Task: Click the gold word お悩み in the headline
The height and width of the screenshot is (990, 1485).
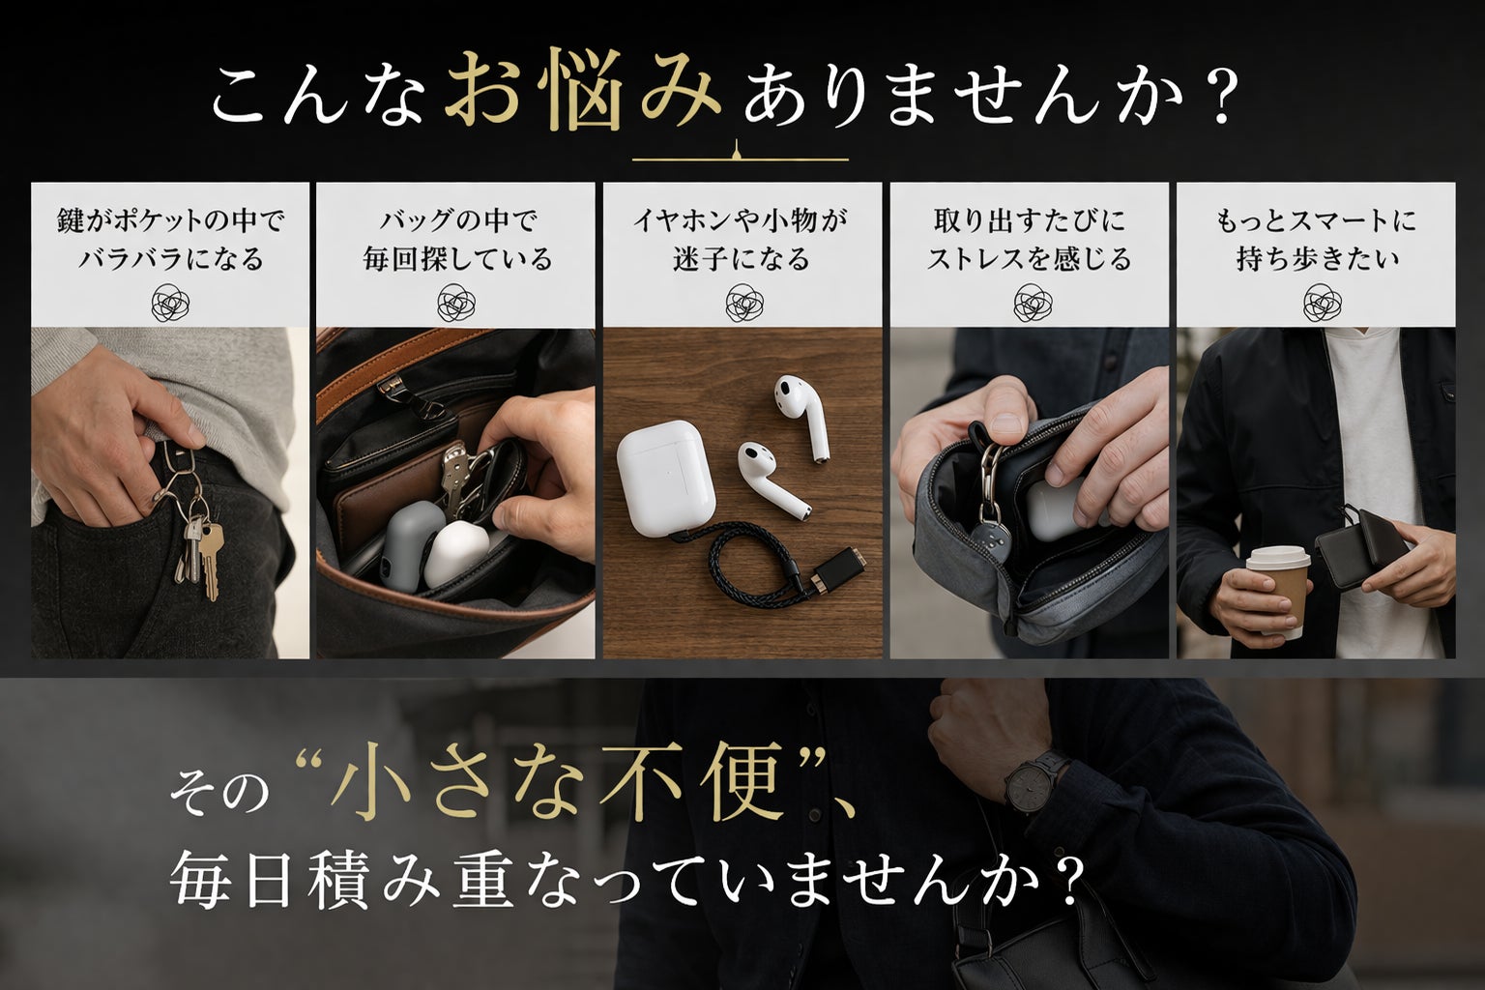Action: [583, 90]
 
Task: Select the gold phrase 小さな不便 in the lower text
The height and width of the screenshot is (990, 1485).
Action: [558, 781]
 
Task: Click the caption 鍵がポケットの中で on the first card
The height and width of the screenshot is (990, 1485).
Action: [170, 220]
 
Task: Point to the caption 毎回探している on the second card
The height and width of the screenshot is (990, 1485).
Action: [456, 258]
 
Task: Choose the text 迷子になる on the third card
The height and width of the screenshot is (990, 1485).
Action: [742, 258]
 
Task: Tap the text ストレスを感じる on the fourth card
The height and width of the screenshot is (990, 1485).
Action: [1029, 258]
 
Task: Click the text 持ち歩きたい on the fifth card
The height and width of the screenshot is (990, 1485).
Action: [1318, 258]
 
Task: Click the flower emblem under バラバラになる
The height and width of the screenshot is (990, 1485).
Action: [170, 303]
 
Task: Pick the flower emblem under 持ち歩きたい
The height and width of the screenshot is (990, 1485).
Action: [1322, 303]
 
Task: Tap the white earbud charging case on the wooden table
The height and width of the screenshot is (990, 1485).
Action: [665, 478]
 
